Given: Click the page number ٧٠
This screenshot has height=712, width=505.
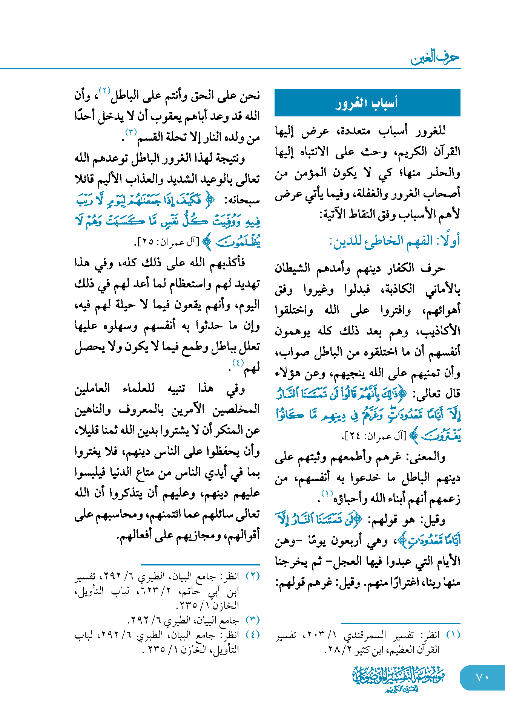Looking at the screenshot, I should [x=482, y=677].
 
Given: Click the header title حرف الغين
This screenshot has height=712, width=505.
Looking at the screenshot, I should [x=435, y=58].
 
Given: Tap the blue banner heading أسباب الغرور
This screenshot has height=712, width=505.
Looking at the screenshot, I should [x=367, y=103].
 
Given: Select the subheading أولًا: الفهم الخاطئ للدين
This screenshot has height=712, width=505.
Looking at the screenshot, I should [x=394, y=241].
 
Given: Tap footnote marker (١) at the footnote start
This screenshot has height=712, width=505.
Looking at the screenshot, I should [x=453, y=635].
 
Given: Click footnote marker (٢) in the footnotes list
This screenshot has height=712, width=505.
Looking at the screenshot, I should [x=252, y=576].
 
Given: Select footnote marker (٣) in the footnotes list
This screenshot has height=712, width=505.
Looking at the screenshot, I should [x=252, y=620].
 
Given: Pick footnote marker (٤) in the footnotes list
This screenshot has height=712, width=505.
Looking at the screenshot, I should [x=252, y=635].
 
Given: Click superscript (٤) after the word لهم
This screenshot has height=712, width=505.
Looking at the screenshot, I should [x=238, y=363].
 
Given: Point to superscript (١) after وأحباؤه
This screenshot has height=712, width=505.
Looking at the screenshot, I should [x=327, y=494].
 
